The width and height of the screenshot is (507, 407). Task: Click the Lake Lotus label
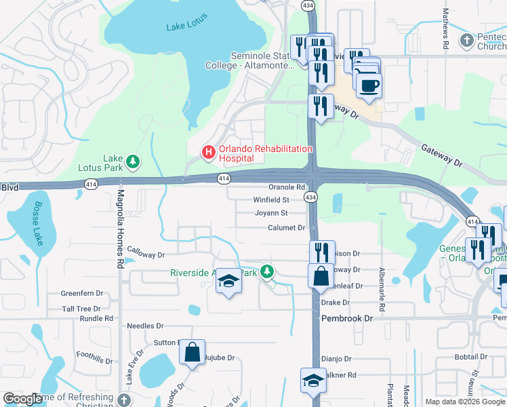pos(185,27)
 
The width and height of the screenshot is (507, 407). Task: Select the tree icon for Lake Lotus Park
pos(134,161)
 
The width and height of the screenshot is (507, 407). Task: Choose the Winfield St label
pos(271,200)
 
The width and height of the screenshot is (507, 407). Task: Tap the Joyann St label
pos(271,213)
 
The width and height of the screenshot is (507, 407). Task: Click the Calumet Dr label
pos(287,228)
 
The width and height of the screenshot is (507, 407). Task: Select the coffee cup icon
pos(369,85)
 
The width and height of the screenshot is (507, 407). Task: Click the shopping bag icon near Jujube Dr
pos(192,352)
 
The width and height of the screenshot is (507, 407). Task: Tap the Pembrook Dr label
pos(347,318)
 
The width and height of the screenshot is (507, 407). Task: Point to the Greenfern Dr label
pos(81,294)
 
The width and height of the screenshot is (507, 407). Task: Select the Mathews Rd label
pos(446,28)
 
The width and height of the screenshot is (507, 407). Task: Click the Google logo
pos(23,399)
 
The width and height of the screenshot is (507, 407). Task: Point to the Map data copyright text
pos(465,402)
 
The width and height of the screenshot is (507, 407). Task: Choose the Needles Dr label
pos(145,326)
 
